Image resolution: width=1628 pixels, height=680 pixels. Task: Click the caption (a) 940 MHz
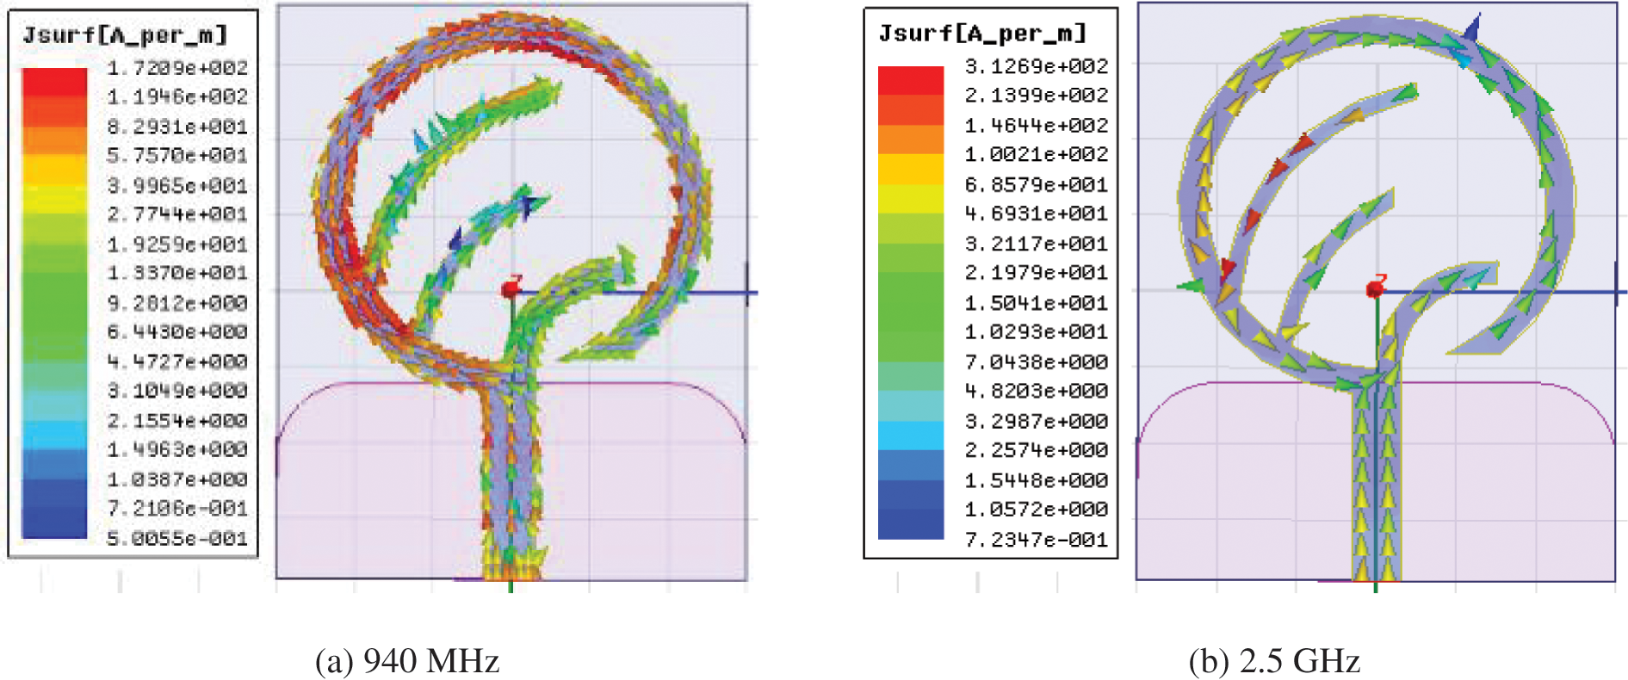(x=407, y=661)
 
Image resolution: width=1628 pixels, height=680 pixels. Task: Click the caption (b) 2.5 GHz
(x=1274, y=661)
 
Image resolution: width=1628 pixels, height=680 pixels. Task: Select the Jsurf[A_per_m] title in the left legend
(x=125, y=35)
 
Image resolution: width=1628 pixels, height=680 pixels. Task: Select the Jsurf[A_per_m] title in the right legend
(x=982, y=34)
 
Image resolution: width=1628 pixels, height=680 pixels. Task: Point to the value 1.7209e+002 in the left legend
(x=177, y=67)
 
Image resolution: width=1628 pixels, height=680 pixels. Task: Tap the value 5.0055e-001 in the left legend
(x=177, y=539)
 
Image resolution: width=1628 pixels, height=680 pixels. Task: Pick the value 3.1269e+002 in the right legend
(x=1037, y=66)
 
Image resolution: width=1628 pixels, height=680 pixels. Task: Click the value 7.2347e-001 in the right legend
(x=1037, y=540)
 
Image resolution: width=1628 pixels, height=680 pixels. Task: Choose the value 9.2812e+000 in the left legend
(x=177, y=303)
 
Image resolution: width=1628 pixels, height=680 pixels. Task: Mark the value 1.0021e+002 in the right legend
(x=1037, y=154)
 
